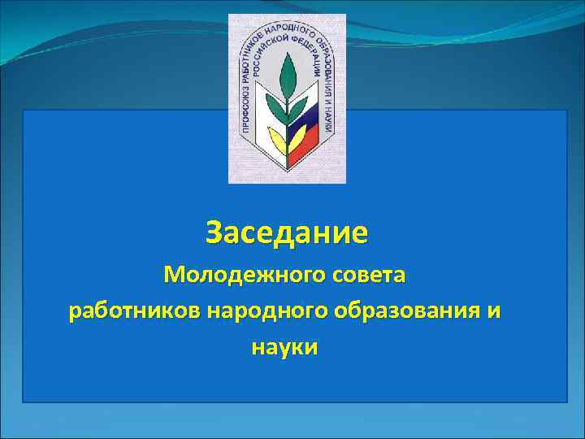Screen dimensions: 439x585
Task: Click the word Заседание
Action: pyautogui.click(x=286, y=233)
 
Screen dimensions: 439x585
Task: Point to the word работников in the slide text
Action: pyautogui.click(x=135, y=311)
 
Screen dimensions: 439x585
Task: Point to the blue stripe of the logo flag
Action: pyautogui.click(x=306, y=126)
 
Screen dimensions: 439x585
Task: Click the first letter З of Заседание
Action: pyautogui.click(x=213, y=233)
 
